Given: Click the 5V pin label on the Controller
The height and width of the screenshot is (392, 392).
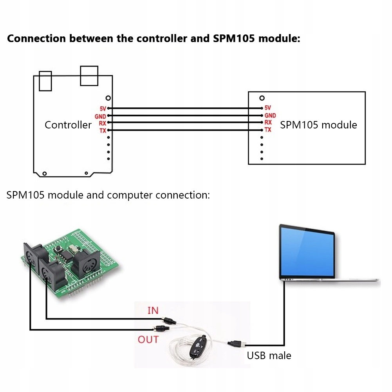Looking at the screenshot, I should (103, 108).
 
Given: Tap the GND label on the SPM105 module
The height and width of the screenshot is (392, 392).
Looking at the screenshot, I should (270, 116).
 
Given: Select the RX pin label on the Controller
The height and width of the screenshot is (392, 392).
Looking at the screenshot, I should (103, 123).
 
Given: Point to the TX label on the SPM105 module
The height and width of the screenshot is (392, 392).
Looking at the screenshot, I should (268, 130).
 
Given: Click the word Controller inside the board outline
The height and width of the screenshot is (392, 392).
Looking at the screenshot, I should (68, 125).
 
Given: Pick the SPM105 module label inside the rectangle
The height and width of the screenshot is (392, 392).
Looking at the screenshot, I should (318, 125).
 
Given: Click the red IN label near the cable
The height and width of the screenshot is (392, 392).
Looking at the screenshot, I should (153, 311).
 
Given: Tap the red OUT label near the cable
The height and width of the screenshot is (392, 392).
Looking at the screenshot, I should (148, 340).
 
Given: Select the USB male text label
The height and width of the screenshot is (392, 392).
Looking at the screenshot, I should (269, 356).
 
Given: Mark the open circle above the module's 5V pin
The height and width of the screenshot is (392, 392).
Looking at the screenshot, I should (262, 98).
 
